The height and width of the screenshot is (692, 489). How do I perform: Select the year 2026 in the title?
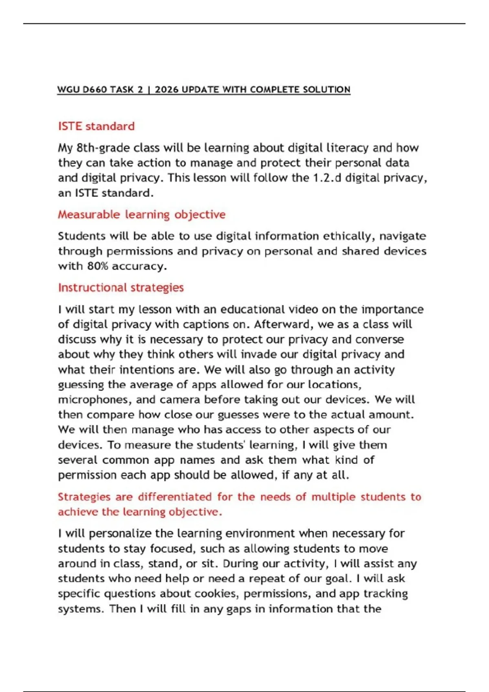coord(167,90)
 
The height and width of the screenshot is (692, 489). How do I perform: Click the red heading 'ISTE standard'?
coord(96,126)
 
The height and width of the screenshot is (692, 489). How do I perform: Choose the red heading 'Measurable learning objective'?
coord(141,215)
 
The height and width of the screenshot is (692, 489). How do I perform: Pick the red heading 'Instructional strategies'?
coord(121,288)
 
